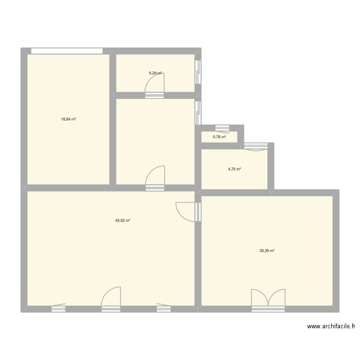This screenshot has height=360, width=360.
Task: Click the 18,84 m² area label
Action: pyautogui.click(x=68, y=119)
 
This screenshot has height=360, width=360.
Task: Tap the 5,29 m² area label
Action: pyautogui.click(x=155, y=73)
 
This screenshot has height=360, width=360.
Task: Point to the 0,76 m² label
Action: pyautogui.click(x=219, y=137)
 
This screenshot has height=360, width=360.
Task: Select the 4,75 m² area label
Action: pyautogui.click(x=234, y=169)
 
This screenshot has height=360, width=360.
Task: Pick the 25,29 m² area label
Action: pyautogui.click(x=267, y=251)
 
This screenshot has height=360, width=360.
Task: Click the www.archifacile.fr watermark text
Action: pyautogui.click(x=331, y=326)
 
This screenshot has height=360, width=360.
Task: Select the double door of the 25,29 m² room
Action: pyautogui.click(x=268, y=299)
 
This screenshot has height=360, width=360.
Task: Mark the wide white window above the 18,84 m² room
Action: pyautogui.click(x=67, y=50)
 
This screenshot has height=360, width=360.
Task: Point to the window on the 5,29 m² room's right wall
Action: pyautogui.click(x=198, y=72)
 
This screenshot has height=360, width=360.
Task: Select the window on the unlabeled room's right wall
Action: pyautogui.click(x=198, y=112)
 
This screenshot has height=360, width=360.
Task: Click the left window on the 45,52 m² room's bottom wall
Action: pyautogui.click(x=58, y=307)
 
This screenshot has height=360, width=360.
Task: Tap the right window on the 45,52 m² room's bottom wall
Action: pyautogui.click(x=163, y=307)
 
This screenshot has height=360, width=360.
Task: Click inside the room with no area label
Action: pyautogui.click(x=155, y=134)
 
